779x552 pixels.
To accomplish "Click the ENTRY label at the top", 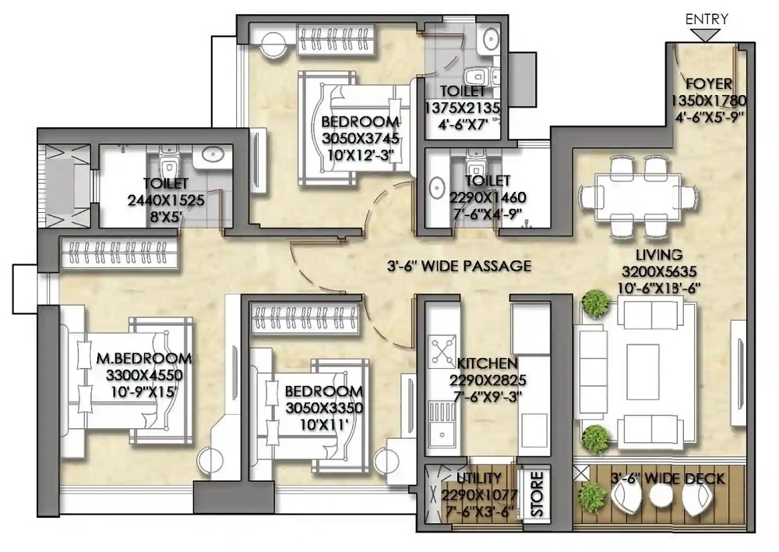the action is point(707,19).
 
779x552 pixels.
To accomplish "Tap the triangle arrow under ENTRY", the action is point(706,35).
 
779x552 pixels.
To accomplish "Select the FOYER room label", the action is point(709,84).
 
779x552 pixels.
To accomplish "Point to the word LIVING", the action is point(659,255).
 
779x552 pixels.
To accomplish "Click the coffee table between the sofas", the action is point(643,372).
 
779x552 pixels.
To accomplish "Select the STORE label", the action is point(537,494).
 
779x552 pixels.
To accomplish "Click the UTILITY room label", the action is point(479,479).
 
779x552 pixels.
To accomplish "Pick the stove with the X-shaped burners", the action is point(442,351).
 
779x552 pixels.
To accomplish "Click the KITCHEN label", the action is point(487,363).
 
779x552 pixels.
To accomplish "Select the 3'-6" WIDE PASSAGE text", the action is point(460,266).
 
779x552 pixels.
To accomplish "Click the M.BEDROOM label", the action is point(143,358).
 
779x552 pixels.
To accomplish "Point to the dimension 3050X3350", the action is point(324,409).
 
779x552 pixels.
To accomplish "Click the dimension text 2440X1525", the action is point(166,200).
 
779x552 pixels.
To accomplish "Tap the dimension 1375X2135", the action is point(463,108).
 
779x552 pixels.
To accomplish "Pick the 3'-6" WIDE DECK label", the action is point(668,479).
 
